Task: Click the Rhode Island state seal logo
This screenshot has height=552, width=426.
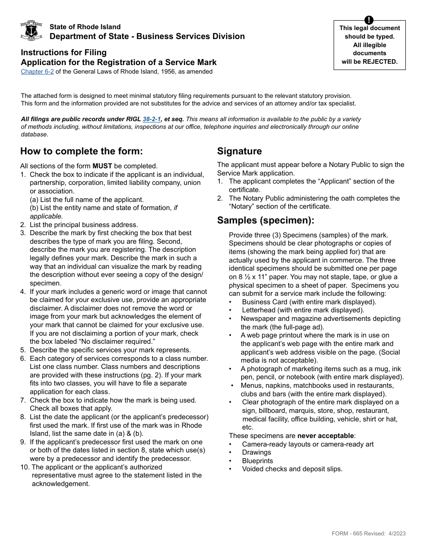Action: tap(31, 31)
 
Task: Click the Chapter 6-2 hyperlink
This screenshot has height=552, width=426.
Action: tap(37, 71)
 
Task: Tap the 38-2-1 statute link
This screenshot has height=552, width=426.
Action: tap(152, 119)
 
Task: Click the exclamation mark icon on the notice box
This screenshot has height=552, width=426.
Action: tap(369, 20)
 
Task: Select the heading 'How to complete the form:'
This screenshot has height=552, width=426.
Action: tap(81, 151)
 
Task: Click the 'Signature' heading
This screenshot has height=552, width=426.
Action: tap(239, 151)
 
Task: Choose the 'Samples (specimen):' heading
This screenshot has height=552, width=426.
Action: tap(265, 220)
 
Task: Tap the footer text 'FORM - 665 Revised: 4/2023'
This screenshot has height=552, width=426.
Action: tap(369, 533)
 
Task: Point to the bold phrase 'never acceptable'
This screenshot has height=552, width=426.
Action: tap(325, 436)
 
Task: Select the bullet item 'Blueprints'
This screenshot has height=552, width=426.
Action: tap(257, 461)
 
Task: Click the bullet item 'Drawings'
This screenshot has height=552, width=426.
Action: tap(256, 452)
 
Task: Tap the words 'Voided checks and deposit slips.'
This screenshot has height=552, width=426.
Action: tap(292, 469)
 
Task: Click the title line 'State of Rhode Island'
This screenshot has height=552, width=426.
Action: tap(85, 27)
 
